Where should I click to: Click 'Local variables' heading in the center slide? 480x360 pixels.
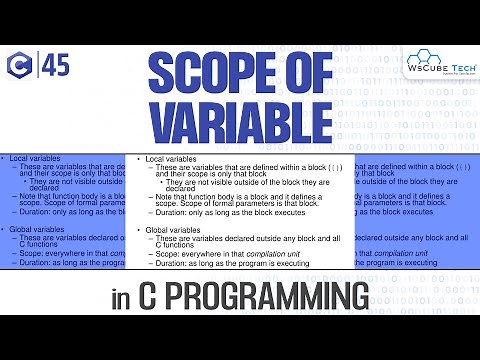pos(171,159)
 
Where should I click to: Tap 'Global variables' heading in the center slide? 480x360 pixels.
pos(173,230)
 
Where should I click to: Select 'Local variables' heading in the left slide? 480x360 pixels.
pos(35,159)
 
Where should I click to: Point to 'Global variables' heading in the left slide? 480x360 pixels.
pos(37,230)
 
